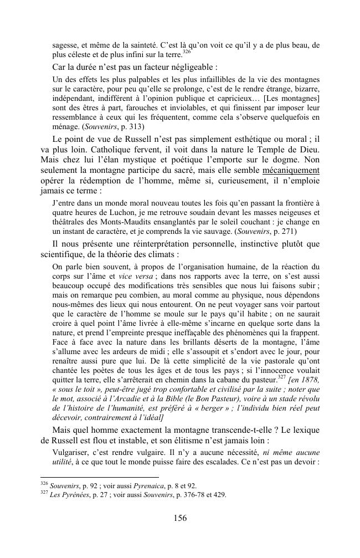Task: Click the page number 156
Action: pos(179,518)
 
